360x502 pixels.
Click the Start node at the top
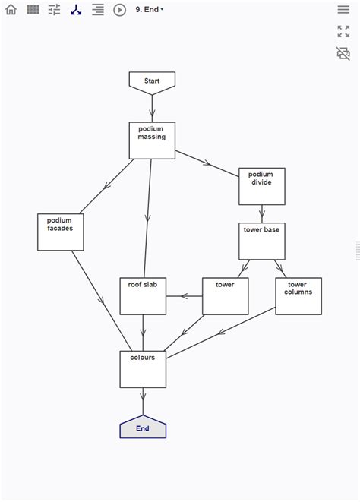(x=152, y=81)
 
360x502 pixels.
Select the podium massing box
(x=152, y=140)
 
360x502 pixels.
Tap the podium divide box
(x=261, y=186)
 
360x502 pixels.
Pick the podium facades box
(x=60, y=232)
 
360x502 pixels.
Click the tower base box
(x=261, y=241)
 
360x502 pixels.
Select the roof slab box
(x=143, y=296)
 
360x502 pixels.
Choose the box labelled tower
(x=225, y=296)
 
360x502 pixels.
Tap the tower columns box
(x=297, y=296)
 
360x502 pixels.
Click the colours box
(x=143, y=369)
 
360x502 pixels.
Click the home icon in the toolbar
(x=11, y=10)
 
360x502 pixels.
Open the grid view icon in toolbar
(x=33, y=10)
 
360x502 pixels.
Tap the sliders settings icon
(x=54, y=10)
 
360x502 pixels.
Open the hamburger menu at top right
(x=343, y=10)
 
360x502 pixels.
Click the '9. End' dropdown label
(x=149, y=10)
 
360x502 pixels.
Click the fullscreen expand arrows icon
(x=343, y=32)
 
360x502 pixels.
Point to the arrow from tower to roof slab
(x=184, y=296)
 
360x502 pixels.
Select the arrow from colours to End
(x=143, y=401)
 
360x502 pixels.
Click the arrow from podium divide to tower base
(x=261, y=213)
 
